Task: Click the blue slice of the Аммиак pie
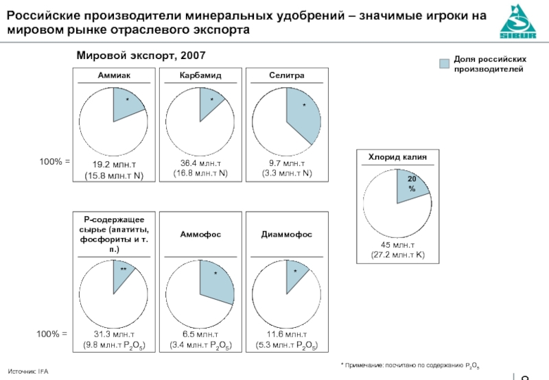(128, 104)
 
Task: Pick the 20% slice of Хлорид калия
(411, 187)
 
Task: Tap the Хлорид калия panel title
(397, 157)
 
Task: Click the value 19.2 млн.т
(114, 164)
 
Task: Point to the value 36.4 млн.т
(200, 164)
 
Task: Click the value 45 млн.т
(397, 245)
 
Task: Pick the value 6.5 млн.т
(200, 334)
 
